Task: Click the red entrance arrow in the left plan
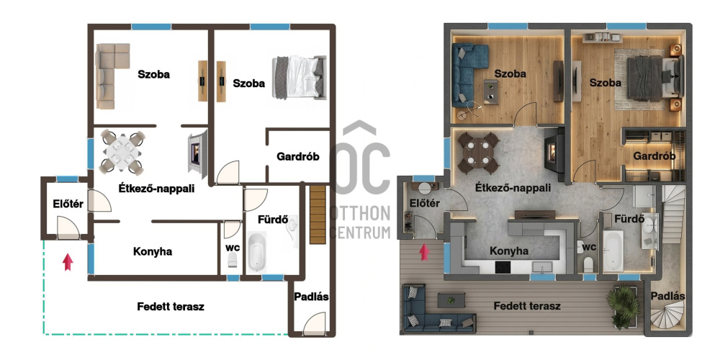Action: coord(68,262)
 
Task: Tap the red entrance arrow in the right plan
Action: coord(424,252)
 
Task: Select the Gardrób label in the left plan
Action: coord(297,156)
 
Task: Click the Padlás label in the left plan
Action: coord(311,297)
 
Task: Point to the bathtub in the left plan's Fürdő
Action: coord(257,251)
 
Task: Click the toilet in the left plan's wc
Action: coord(233,259)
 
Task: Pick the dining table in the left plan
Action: coord(122,151)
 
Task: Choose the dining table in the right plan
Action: coord(479,153)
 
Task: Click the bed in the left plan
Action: coord(299,77)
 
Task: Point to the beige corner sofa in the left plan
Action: coord(111,76)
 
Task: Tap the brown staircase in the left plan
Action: coord(318,215)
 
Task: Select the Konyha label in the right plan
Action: coord(509,251)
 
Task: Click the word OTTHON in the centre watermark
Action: coord(361,213)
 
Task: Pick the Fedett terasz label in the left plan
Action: coord(171,306)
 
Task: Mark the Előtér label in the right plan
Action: coord(425,203)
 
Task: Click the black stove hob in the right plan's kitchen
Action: coord(503,266)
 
